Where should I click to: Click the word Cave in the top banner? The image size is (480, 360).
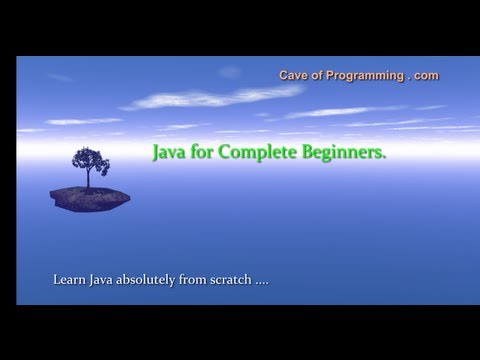coord(291,75)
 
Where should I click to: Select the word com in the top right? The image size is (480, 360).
coord(425,75)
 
